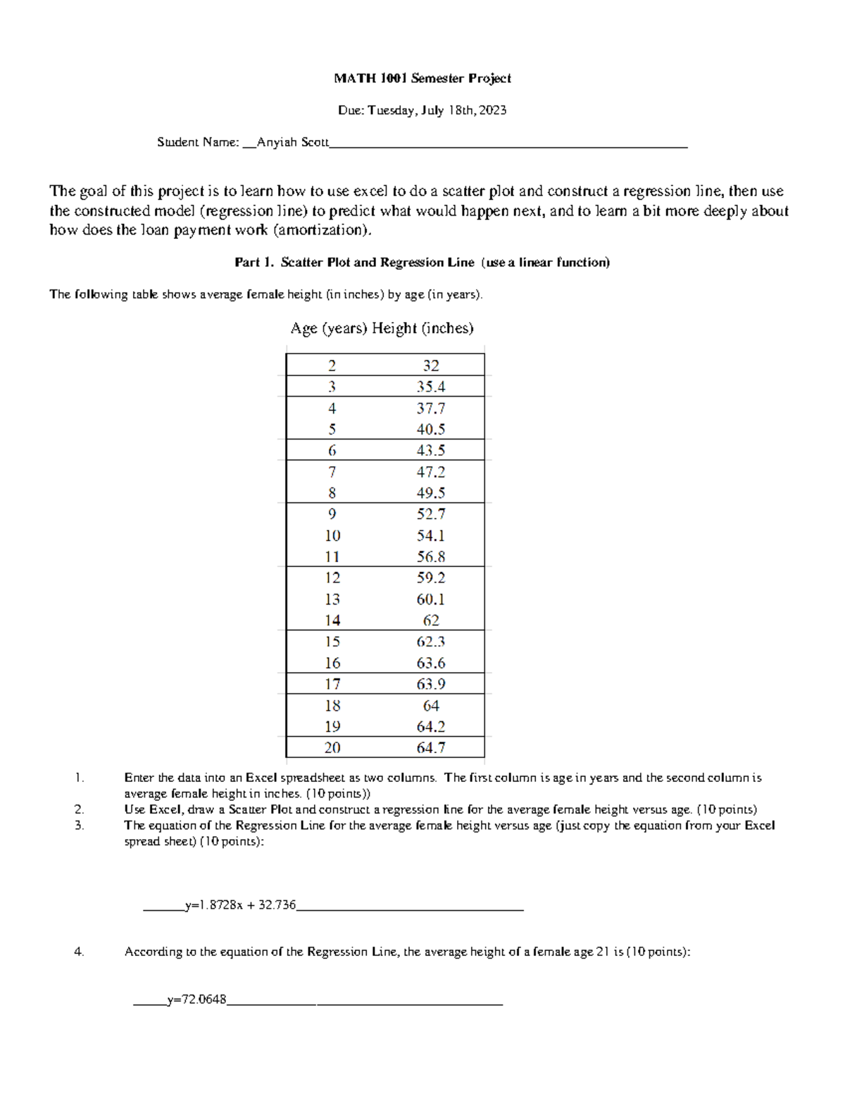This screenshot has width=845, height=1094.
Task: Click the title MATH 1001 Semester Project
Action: point(423,78)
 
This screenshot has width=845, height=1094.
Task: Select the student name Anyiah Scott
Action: point(292,142)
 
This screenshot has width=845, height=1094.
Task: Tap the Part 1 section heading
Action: point(422,262)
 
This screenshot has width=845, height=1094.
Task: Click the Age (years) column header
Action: point(329,328)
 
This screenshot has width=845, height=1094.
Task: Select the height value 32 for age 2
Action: point(430,365)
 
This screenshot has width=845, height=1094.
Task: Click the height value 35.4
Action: point(430,386)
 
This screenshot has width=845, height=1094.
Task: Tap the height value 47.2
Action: point(430,471)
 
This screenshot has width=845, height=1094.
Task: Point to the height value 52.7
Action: point(430,514)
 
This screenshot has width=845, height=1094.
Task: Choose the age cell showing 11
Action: point(332,557)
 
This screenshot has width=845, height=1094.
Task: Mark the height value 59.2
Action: point(430,578)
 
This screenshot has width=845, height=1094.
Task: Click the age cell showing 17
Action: point(332,684)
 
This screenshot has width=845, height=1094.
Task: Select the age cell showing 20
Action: point(332,747)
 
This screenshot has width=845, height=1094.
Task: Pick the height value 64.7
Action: point(430,747)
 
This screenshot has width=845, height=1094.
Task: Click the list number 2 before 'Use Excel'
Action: point(79,809)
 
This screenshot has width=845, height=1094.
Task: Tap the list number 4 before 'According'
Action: point(79,952)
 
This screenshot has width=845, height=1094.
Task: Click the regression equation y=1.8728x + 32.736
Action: point(240,905)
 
